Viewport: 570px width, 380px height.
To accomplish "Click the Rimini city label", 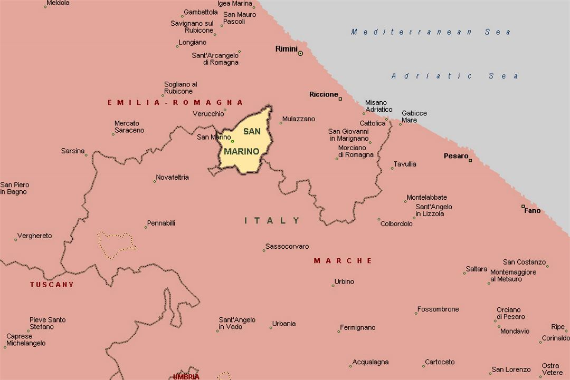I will coord(286,49).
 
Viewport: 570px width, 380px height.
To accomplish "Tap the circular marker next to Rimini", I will coord(300,53).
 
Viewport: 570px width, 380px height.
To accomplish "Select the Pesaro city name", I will coord(455,156).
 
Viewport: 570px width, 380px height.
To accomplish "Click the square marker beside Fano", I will coord(523,207).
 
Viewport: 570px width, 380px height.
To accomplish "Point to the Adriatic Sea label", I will coord(455,76).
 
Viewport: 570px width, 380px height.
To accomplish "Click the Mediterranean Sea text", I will coord(431,32).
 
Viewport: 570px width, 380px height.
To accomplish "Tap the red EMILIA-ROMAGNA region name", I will coord(175,102).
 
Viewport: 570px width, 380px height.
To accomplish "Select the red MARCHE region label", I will coord(343,261).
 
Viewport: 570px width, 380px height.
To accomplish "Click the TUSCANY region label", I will coord(52,285).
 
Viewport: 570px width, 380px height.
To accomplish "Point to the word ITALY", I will coord(272,221).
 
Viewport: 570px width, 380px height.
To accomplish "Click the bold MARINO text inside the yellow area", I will coord(242,152).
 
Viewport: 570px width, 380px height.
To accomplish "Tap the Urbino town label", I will coord(344,281).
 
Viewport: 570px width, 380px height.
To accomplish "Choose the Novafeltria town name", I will coord(173,178).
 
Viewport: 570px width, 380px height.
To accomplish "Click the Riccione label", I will coord(324,94).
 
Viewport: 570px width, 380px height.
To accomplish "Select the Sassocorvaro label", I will coord(287,247).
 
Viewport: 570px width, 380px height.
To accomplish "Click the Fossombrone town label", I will coord(438,309).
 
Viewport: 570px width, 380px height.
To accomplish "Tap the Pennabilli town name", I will coord(161,223).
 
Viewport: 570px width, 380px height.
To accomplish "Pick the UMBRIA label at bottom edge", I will coord(186,376).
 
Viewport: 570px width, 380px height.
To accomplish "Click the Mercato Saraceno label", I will coord(129,127).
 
